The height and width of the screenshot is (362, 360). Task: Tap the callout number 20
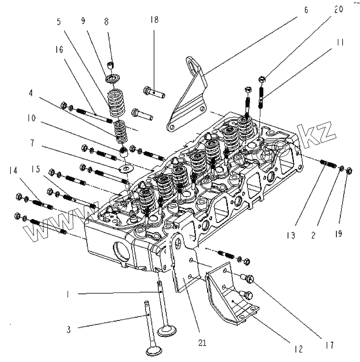[337, 10]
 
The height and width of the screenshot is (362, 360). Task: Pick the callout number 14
[13, 171]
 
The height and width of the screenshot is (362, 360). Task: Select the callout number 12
[297, 349]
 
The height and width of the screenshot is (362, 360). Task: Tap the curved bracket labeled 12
[232, 301]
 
